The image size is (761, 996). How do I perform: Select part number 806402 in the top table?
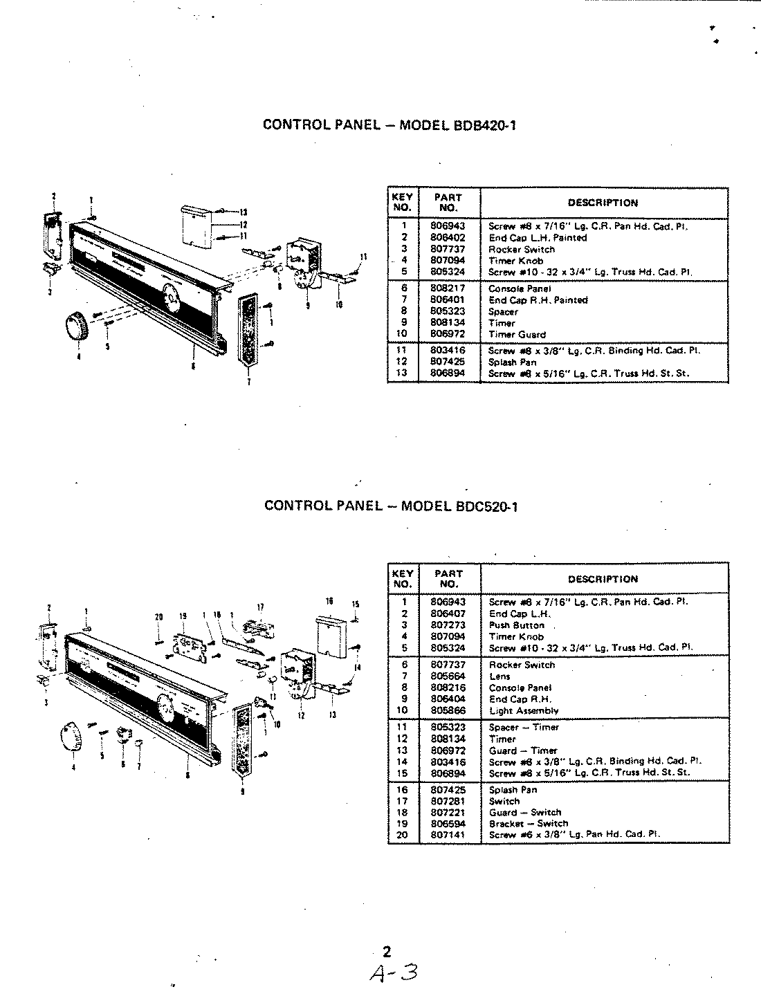click(x=448, y=237)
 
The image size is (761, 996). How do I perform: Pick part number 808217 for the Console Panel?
click(x=448, y=288)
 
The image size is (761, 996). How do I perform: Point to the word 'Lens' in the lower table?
click(x=499, y=676)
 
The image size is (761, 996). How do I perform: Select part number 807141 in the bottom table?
click(x=448, y=835)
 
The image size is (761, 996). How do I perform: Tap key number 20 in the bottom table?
click(x=403, y=835)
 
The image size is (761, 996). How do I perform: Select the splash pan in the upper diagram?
click(x=196, y=225)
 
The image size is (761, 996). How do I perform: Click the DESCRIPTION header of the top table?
click(x=603, y=203)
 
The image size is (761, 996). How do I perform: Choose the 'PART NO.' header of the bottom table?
click(x=448, y=579)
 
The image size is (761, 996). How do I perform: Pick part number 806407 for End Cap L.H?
click(x=448, y=614)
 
